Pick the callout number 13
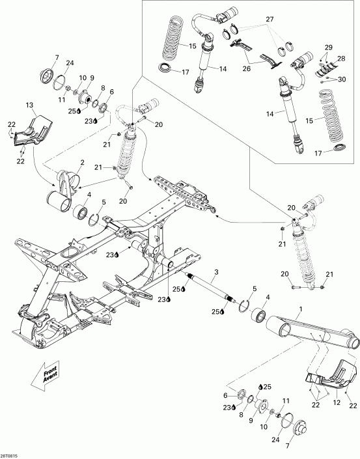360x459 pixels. (29, 105)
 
